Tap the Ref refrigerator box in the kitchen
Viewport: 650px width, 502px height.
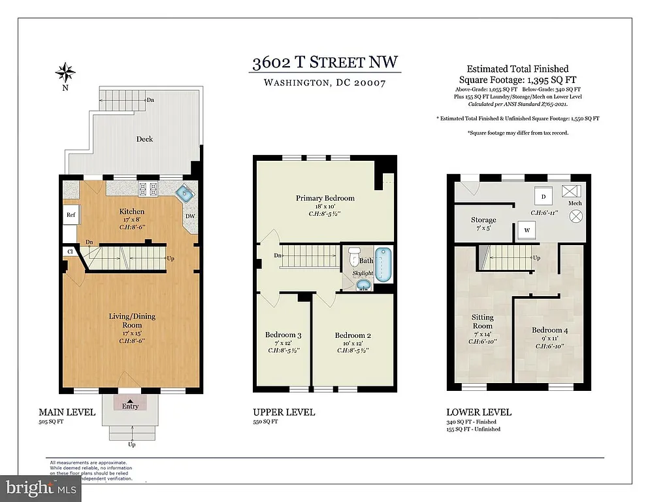tap(69, 215)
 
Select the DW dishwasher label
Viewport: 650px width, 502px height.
tap(190, 216)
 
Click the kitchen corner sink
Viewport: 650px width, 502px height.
tap(186, 193)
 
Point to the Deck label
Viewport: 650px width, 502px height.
tap(144, 139)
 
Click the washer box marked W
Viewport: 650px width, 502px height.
tap(527, 230)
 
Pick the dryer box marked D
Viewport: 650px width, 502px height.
tap(544, 196)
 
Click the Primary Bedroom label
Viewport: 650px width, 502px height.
tap(325, 198)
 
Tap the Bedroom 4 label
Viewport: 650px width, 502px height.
tap(549, 330)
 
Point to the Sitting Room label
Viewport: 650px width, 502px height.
tap(483, 322)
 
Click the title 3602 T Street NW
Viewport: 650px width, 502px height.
tap(326, 63)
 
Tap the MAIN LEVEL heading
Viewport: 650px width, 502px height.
tap(67, 412)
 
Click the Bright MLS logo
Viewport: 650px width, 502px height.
tap(41, 488)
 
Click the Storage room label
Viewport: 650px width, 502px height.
tap(483, 220)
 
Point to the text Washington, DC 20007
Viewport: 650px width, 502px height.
tap(325, 83)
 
